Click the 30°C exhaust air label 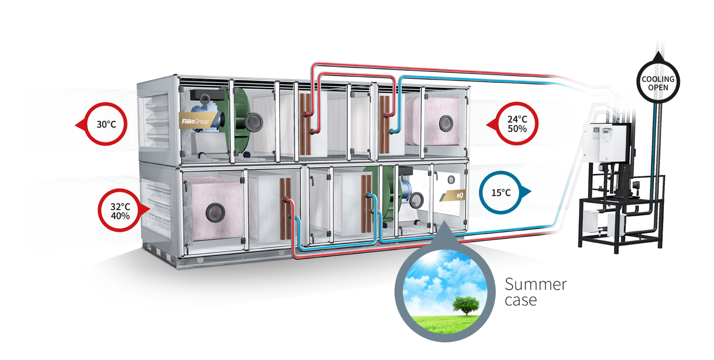pyautogui.click(x=106, y=124)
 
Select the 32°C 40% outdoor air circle pyautogui.click(x=120, y=211)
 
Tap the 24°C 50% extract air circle pyautogui.click(x=517, y=124)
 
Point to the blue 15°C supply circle pyautogui.click(x=501, y=192)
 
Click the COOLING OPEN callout pyautogui.click(x=658, y=83)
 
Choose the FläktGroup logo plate pyautogui.click(x=195, y=121)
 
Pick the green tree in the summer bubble pyautogui.click(x=466, y=305)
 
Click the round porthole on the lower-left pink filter pyautogui.click(x=215, y=212)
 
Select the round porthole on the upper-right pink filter pyautogui.click(x=446, y=123)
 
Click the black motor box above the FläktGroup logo pyautogui.click(x=207, y=94)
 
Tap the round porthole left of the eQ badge pyautogui.click(x=416, y=200)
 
